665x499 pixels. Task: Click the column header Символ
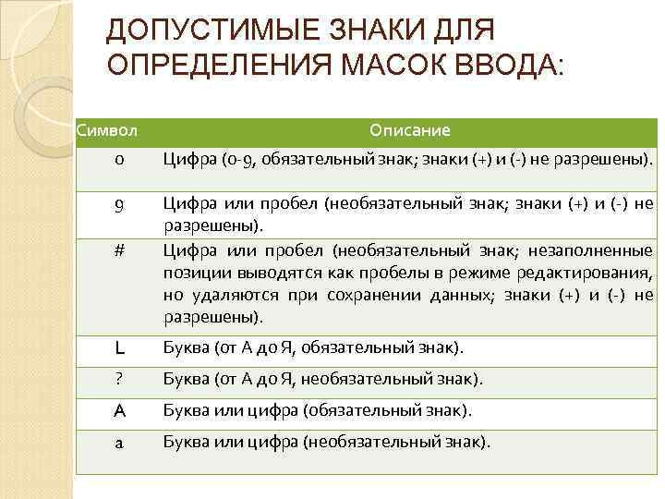tap(106, 130)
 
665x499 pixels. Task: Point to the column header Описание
tap(409, 130)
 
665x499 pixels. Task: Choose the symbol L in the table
tap(120, 348)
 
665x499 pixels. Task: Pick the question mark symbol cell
tap(120, 379)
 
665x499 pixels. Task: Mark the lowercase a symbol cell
tap(120, 442)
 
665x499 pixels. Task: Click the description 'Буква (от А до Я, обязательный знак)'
tap(312, 348)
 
